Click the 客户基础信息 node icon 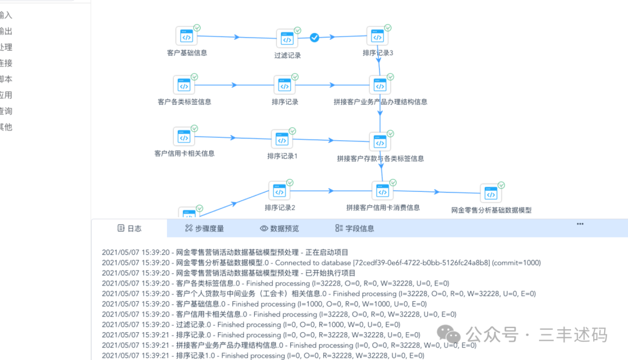coord(186,37)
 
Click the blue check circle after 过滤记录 coord(314,37)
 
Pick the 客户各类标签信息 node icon coord(184,85)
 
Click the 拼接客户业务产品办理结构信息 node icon coord(380,85)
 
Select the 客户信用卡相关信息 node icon coord(184,137)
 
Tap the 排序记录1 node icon coord(282,140)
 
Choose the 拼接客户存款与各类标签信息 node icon coord(380,142)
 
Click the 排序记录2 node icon coord(279,191)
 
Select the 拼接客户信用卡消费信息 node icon coord(382,191)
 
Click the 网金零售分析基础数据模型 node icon coord(491,194)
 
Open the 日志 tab coord(129,229)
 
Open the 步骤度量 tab coord(204,229)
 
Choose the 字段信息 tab coord(354,229)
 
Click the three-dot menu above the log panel coord(580,224)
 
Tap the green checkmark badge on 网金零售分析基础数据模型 coord(501,185)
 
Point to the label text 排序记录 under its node coord(285,102)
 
